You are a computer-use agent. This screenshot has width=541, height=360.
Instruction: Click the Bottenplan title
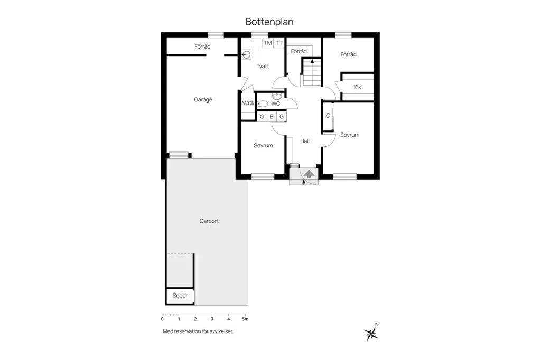tap(269, 22)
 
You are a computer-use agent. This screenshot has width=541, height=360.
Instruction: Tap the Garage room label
tap(203, 100)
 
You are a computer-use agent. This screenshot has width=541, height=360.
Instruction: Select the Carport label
tap(209, 221)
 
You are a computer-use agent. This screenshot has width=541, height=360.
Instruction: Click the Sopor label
tap(180, 296)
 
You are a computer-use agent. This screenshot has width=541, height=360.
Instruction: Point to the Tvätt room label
tap(263, 66)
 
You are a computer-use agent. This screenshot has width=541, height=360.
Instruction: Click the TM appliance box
tap(268, 43)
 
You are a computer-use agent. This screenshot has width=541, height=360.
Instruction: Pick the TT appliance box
tap(279, 43)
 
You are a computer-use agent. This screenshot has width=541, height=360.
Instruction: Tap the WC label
tap(276, 103)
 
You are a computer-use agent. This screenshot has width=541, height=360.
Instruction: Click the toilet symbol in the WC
tap(263, 103)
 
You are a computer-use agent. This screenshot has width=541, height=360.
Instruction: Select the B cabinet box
tap(272, 117)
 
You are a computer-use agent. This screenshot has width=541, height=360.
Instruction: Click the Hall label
tap(305, 141)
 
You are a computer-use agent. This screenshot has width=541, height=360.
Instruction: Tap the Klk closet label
tap(358, 87)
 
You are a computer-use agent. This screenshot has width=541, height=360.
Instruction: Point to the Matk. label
tap(248, 103)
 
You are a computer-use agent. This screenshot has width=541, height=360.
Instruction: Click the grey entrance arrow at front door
tap(309, 174)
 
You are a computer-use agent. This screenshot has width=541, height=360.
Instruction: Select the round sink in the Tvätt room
tap(246, 54)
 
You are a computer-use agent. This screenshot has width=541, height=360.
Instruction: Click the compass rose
tap(371, 333)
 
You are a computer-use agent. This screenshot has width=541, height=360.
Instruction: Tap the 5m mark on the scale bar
tap(245, 319)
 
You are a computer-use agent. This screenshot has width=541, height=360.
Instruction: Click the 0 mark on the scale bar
tap(162, 319)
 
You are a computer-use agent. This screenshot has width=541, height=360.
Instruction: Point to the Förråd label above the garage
tap(202, 46)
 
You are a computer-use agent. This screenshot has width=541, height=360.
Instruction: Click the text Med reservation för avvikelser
tap(198, 331)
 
